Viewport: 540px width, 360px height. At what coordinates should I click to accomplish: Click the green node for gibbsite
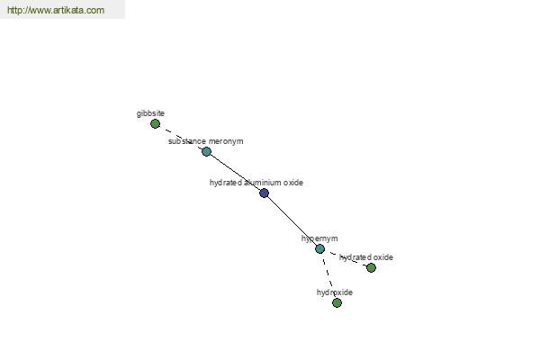click(155, 123)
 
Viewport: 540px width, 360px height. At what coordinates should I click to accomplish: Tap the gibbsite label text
click(150, 113)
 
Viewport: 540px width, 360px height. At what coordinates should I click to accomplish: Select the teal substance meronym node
click(206, 151)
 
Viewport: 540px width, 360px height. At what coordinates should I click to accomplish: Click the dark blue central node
click(264, 193)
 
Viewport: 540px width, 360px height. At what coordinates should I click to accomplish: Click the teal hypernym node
click(319, 248)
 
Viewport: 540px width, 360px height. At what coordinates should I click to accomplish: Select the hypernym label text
click(319, 238)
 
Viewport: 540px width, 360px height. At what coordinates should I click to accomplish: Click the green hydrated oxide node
click(371, 267)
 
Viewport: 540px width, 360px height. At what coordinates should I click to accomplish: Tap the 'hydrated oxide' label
click(366, 257)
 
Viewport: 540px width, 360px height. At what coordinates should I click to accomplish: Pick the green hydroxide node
click(337, 302)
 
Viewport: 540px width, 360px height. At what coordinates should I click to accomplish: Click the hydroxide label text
click(335, 292)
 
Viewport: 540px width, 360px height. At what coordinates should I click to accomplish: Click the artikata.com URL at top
click(56, 10)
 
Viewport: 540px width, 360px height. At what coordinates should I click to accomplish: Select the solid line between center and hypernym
click(292, 220)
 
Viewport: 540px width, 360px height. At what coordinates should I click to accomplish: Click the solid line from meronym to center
click(235, 172)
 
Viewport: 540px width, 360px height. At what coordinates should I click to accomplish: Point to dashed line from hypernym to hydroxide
click(328, 275)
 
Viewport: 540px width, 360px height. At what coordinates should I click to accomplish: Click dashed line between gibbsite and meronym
click(181, 138)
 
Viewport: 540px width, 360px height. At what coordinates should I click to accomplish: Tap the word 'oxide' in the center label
click(294, 183)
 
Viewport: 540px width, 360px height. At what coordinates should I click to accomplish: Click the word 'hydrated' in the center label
click(226, 183)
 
